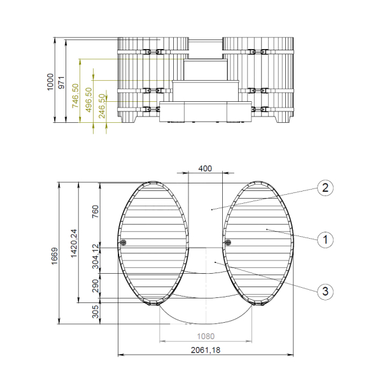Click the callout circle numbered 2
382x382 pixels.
(x=325, y=188)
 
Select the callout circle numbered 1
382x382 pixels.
(x=325, y=240)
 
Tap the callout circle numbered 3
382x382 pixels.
(x=325, y=291)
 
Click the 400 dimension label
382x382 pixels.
(x=205, y=168)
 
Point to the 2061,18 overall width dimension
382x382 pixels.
(x=206, y=350)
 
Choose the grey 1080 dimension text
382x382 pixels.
(x=206, y=336)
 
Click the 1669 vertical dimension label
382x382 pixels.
(x=55, y=256)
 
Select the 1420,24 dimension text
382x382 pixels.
(x=74, y=243)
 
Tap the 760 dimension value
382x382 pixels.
(x=95, y=211)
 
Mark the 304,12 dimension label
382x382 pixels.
(x=95, y=257)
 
